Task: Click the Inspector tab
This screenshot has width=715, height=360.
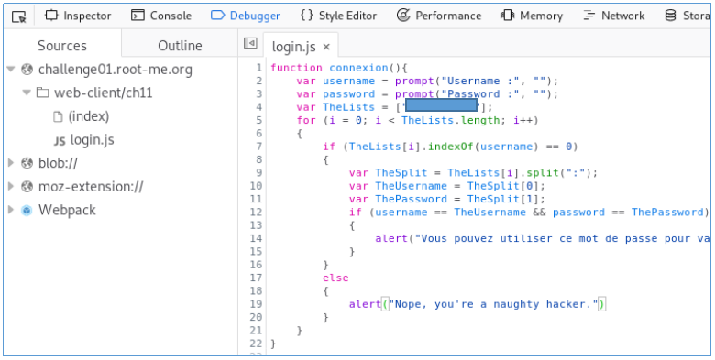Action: coord(79,16)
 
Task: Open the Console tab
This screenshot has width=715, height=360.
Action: coord(161,16)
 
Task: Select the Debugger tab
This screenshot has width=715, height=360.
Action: coord(246,16)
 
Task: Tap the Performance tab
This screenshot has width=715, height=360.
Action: coord(439,16)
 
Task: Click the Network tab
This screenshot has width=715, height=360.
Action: coord(613,16)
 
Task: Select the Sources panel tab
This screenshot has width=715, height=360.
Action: coord(62,46)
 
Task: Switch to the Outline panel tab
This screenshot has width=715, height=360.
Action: coord(180,46)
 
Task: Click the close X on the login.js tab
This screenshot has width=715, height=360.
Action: coord(326,46)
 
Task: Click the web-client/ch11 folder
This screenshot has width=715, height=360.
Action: coord(96,93)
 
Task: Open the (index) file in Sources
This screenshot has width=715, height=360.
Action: coord(88,116)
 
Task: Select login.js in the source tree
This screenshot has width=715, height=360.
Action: coord(92,140)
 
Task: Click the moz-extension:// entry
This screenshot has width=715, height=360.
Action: coord(91,187)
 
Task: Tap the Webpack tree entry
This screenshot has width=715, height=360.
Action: coord(67,210)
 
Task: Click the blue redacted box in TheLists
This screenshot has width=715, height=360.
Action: coord(441,106)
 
